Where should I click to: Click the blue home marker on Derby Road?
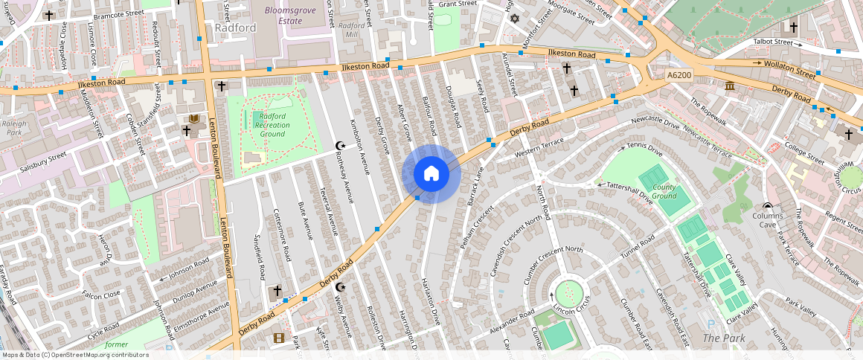tap(431, 174)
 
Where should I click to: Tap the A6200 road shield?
tap(678, 75)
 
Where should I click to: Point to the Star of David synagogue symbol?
tap(513, 17)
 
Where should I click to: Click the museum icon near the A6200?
tap(730, 87)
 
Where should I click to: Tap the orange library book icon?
tap(194, 119)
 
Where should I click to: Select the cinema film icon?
tap(278, 338)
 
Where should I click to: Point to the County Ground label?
tap(664, 191)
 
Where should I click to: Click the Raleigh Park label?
tap(13, 129)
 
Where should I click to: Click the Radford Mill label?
tap(352, 30)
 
